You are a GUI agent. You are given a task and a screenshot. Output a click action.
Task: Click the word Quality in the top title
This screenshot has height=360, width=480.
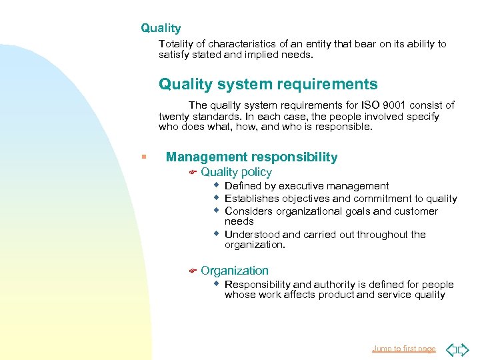[161, 28]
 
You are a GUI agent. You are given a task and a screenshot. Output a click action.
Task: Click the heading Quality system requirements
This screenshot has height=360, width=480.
[268, 85]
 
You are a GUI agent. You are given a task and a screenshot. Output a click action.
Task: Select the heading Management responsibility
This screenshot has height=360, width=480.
[251, 157]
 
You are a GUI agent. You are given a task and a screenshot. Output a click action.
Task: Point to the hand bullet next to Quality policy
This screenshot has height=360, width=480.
[191, 173]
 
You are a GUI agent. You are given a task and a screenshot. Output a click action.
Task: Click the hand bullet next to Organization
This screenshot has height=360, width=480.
[191, 271]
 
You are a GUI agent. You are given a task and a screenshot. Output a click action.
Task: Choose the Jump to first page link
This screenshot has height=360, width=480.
[403, 349]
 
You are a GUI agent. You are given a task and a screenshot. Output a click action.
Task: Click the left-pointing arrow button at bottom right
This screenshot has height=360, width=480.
[451, 349]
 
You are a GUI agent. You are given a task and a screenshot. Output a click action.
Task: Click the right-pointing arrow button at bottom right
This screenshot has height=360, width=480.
[464, 349]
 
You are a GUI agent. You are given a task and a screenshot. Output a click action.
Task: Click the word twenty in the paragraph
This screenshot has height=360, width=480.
[173, 117]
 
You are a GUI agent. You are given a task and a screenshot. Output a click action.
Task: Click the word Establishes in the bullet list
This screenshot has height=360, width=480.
[252, 199]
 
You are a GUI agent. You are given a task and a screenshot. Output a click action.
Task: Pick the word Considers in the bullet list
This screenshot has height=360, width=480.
[249, 211]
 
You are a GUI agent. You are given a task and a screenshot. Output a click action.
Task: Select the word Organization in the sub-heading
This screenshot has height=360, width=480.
[235, 271]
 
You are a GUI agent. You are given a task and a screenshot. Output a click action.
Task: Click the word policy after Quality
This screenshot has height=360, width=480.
[256, 173]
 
